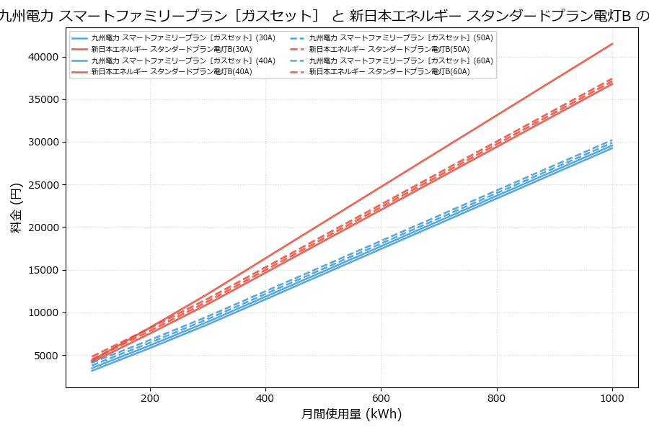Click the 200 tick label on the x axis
tap(150, 397)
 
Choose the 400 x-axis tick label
tap(265, 397)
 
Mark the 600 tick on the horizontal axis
tap(381, 397)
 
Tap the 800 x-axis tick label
tap(497, 397)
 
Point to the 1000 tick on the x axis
tap(612, 397)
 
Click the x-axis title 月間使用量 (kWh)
tap(351, 415)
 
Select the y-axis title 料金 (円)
tap(16, 207)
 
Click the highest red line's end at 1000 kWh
tap(612, 44)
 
